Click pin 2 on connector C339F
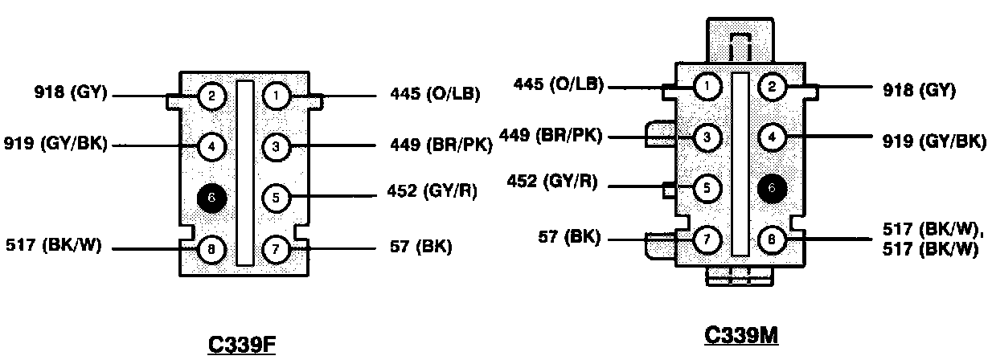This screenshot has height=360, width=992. pyautogui.click(x=211, y=97)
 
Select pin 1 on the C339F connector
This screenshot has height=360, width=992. pyautogui.click(x=276, y=97)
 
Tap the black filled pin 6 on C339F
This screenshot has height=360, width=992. pyautogui.click(x=211, y=198)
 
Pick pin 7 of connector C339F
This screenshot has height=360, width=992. pyautogui.click(x=276, y=249)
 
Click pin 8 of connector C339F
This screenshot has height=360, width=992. pyautogui.click(x=211, y=249)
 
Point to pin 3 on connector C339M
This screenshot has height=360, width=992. pyautogui.click(x=707, y=137)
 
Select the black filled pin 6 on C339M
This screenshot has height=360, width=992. pyautogui.click(x=772, y=188)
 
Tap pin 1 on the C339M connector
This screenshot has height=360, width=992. pyautogui.click(x=707, y=86)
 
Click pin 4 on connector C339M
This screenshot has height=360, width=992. pyautogui.click(x=772, y=137)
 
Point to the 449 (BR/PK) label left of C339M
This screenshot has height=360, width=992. pyautogui.click(x=551, y=134)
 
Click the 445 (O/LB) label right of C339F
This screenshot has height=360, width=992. pyautogui.click(x=428, y=95)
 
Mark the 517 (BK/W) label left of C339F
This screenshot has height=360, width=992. pyautogui.click(x=54, y=245)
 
